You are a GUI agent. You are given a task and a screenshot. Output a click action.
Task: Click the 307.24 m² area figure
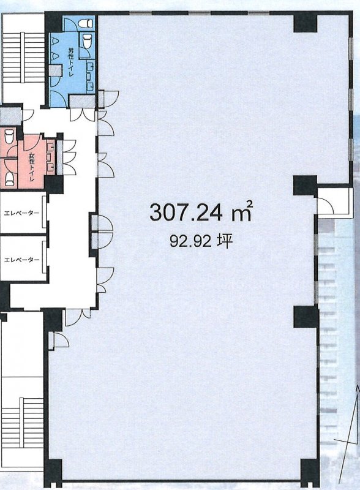click(x=201, y=212)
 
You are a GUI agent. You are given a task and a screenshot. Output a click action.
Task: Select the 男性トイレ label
click(x=70, y=62)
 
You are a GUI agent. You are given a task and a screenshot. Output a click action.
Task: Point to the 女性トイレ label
click(x=32, y=167)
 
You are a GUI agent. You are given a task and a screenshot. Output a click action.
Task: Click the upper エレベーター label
click(x=22, y=213)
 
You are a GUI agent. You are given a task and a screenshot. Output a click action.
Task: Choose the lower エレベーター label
click(x=22, y=260)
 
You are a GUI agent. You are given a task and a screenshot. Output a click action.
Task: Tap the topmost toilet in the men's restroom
click(x=86, y=23)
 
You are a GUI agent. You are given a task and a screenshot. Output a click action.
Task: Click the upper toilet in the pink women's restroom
click(x=9, y=135)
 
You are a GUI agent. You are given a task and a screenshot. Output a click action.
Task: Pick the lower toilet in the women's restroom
click(x=10, y=179)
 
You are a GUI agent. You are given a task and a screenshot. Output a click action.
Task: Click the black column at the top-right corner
click(x=306, y=23)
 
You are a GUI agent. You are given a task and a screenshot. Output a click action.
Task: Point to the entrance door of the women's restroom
click(x=31, y=143)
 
